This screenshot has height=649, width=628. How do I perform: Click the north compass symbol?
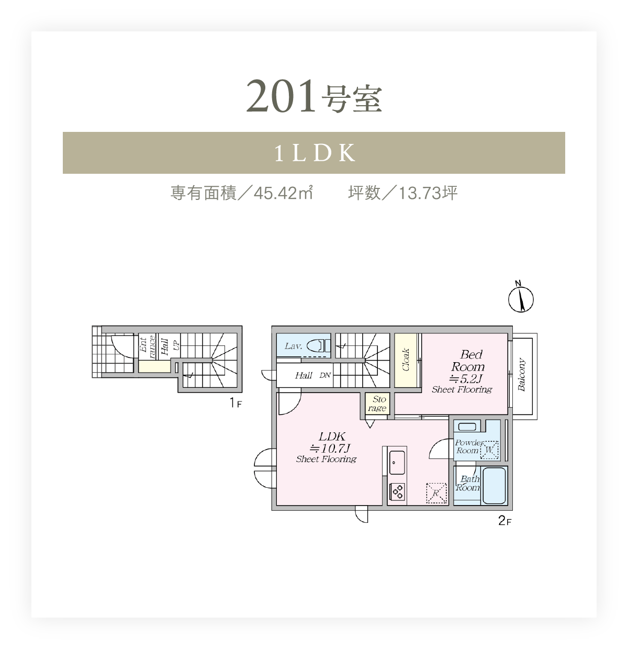521,297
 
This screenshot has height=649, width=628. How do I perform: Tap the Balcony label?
521,374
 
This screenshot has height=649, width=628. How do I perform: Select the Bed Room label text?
468,360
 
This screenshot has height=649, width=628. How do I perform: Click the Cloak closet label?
406,360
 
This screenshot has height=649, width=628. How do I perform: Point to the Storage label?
377,404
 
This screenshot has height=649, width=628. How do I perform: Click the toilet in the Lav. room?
318,345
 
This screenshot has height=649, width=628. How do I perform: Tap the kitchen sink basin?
397,462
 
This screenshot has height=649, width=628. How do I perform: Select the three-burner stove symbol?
397,491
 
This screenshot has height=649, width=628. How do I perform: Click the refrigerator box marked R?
436,493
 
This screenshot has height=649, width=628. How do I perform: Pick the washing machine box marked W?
489,450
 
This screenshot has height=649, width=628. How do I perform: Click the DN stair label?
325,375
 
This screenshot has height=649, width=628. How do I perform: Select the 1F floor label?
235,403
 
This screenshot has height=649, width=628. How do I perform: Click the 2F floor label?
504,521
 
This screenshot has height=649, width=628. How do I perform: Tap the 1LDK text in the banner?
315,153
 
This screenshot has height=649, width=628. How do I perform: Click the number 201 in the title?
281,96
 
